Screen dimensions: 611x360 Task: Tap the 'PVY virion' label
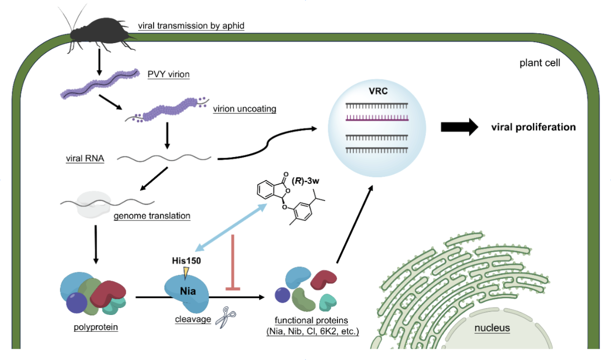pyautogui.click(x=168, y=74)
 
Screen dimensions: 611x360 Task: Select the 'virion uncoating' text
pyautogui.click(x=244, y=109)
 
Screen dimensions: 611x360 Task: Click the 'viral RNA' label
pyautogui.click(x=85, y=158)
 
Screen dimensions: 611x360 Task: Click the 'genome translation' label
pyautogui.click(x=152, y=216)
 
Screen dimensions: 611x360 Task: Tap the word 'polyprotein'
pyautogui.click(x=96, y=327)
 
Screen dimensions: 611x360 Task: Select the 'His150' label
pyautogui.click(x=186, y=261)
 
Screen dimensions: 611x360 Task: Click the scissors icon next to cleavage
pyautogui.click(x=225, y=317)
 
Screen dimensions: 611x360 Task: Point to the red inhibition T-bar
pyautogui.click(x=233, y=262)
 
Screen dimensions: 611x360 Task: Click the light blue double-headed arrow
pyautogui.click(x=231, y=228)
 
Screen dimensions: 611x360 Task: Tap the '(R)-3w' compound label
pyautogui.click(x=305, y=181)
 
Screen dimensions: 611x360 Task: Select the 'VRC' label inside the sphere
pyautogui.click(x=378, y=91)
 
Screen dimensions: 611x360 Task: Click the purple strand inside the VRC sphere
pyautogui.click(x=377, y=118)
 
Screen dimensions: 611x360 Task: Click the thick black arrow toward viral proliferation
pyautogui.click(x=459, y=127)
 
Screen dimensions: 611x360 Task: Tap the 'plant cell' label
pyautogui.click(x=540, y=63)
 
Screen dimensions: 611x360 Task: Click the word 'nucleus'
pyautogui.click(x=492, y=328)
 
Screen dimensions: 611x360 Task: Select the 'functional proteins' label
pyautogui.click(x=311, y=320)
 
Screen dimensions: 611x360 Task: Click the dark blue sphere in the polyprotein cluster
pyautogui.click(x=77, y=303)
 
